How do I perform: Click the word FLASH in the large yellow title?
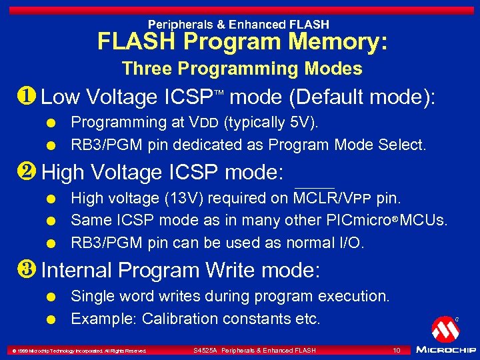[x=137, y=42]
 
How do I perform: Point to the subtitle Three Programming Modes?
[x=242, y=69]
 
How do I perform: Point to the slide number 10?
[x=396, y=350]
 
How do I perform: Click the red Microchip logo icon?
[x=445, y=328]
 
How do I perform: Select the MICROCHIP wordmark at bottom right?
[x=445, y=349]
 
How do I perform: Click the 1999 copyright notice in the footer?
[x=76, y=351]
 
